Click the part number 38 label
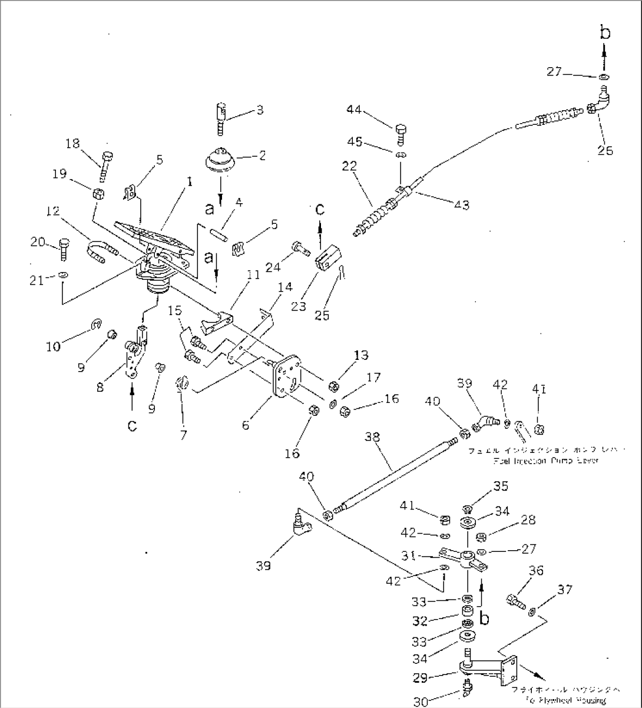(x=372, y=437)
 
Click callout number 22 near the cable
(x=349, y=166)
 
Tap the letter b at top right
(x=605, y=33)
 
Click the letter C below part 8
(x=132, y=425)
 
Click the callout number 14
(x=285, y=287)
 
